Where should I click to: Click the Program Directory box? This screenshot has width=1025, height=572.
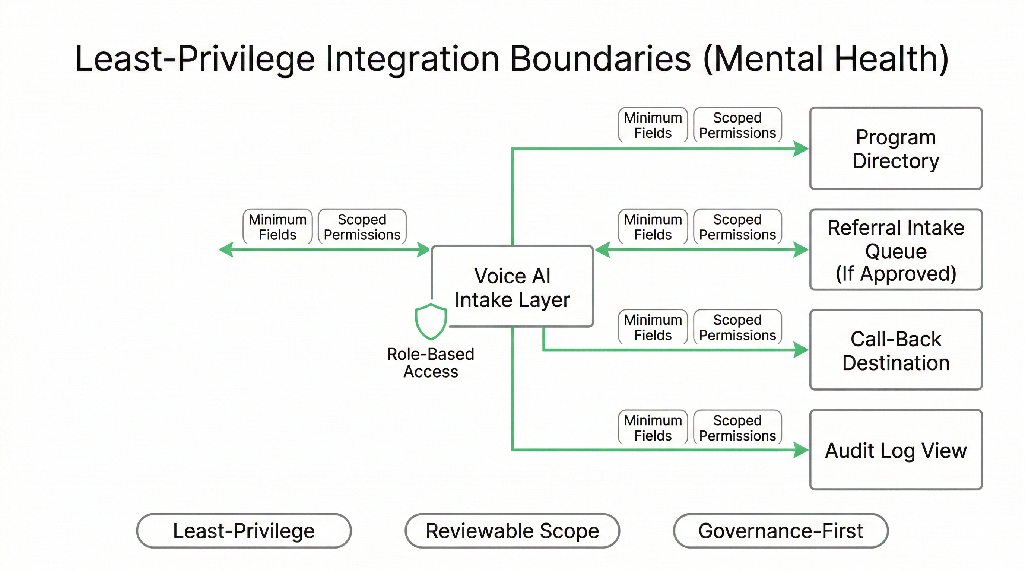tap(896, 148)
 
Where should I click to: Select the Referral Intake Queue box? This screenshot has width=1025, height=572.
tap(896, 250)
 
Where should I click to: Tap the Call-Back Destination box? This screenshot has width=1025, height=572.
tap(896, 350)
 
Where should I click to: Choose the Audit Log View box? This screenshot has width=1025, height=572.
tap(896, 450)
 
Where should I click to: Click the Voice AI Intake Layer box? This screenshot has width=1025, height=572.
tap(512, 287)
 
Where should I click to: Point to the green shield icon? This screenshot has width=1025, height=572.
tap(431, 321)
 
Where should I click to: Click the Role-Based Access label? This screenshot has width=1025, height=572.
tap(431, 362)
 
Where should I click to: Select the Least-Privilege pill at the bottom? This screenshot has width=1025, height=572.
tap(244, 531)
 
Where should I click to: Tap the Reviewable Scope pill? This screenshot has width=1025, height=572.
tap(512, 531)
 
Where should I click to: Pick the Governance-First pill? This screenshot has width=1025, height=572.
tap(781, 531)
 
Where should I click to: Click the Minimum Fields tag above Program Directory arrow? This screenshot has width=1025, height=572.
tap(653, 125)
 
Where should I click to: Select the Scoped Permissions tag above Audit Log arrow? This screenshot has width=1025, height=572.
tap(737, 428)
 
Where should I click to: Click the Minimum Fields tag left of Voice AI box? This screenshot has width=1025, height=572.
tap(277, 227)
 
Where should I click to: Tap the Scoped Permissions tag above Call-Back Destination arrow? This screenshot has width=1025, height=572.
tap(737, 327)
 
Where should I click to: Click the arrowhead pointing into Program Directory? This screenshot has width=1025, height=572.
tap(800, 149)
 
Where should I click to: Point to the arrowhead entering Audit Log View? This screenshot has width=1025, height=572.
tap(800, 450)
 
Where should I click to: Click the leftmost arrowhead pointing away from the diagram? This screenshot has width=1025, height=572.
tap(226, 250)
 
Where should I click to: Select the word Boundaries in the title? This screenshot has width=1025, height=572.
tap(600, 59)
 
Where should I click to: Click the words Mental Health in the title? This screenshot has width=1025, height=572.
tap(826, 59)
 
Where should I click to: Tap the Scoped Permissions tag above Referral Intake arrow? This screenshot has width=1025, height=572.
tap(737, 227)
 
